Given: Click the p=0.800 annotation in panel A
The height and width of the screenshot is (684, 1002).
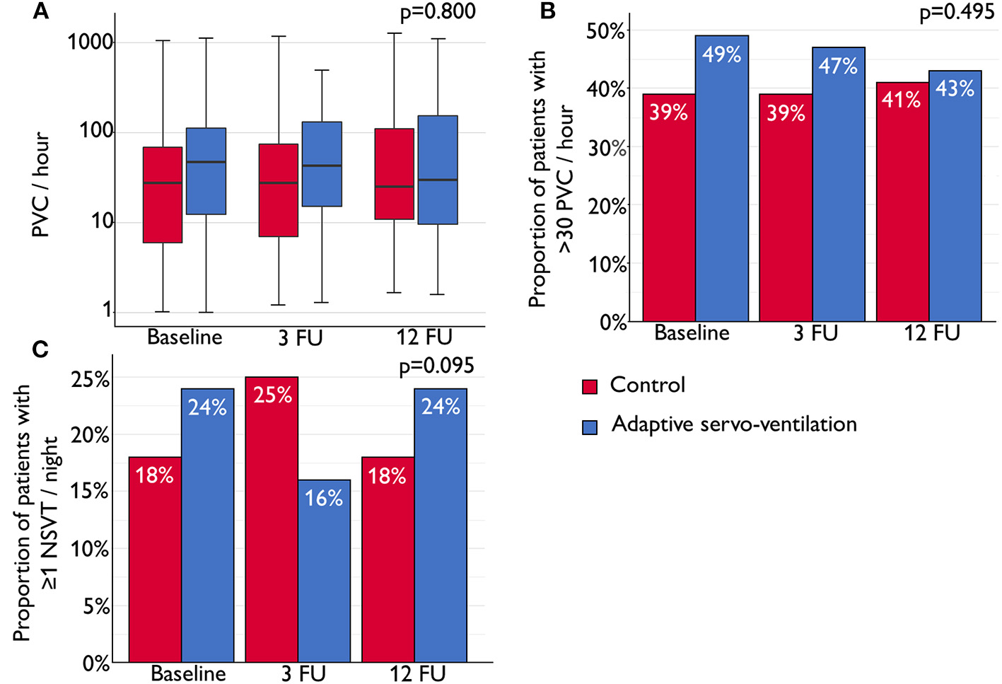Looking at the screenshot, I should (438, 12).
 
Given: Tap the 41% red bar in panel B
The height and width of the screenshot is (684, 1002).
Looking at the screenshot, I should (902, 202).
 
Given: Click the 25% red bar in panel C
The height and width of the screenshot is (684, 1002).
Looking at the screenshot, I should (272, 519).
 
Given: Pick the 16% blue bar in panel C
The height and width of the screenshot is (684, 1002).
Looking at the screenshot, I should (324, 571).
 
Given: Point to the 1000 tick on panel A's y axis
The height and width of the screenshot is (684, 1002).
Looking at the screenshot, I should (91, 42).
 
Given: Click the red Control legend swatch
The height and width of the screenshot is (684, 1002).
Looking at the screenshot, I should (590, 386).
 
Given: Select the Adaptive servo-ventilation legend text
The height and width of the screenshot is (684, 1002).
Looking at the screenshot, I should (734, 424).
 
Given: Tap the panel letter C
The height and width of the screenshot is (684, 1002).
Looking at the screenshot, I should (40, 349).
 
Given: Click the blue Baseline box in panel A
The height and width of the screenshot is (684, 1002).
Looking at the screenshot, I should (206, 171).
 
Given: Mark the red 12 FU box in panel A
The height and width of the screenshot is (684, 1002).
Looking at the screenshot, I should (394, 174).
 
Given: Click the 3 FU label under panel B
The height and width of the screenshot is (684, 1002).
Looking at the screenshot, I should (815, 333).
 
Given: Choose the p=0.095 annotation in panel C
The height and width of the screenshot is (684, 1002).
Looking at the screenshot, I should (436, 366).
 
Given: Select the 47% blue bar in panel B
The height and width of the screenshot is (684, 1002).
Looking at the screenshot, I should (838, 184).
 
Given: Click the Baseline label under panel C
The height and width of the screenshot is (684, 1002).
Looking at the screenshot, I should (188, 673).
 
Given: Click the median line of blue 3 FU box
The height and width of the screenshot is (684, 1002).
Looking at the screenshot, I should (322, 166).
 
